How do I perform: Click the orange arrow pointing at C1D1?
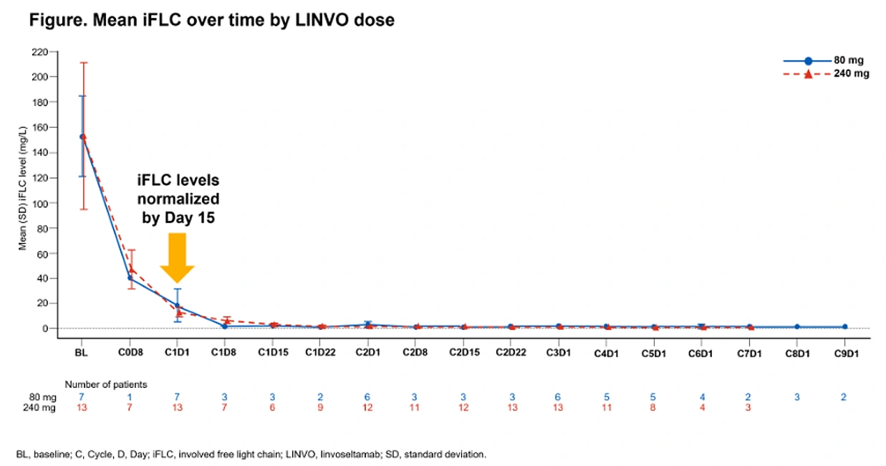pyautogui.click(x=177, y=257)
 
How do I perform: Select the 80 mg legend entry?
pyautogui.click(x=824, y=60)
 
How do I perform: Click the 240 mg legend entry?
pyautogui.click(x=826, y=74)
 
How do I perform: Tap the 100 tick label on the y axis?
pyautogui.click(x=39, y=204)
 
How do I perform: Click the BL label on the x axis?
pyautogui.click(x=82, y=353)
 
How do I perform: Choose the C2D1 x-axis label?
pyautogui.click(x=368, y=353)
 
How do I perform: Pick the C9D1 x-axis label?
pyautogui.click(x=846, y=353)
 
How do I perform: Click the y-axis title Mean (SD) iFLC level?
pyautogui.click(x=22, y=188)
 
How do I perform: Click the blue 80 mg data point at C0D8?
pyautogui.click(x=130, y=278)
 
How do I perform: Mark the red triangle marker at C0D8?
pyautogui.click(x=132, y=270)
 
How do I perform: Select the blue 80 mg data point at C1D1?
pyautogui.click(x=177, y=305)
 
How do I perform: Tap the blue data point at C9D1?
pyautogui.click(x=845, y=327)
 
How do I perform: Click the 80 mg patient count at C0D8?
pyautogui.click(x=130, y=396)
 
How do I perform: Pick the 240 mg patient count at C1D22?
pyautogui.click(x=320, y=407)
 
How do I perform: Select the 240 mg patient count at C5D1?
pyautogui.click(x=653, y=407)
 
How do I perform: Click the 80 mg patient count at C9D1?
pyautogui.click(x=844, y=396)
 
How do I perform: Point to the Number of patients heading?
pyautogui.click(x=105, y=384)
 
